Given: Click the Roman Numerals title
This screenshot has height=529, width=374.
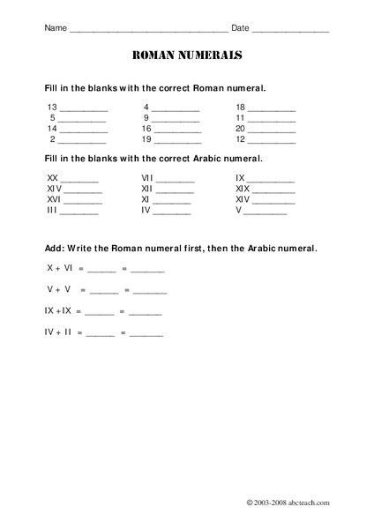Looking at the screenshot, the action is (187, 56).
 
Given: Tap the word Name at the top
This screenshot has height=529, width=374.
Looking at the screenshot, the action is (55, 28).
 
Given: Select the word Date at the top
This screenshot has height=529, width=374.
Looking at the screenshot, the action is (240, 28).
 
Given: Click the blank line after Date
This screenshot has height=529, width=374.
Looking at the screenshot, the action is (290, 31).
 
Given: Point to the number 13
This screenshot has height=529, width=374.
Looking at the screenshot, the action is (52, 106).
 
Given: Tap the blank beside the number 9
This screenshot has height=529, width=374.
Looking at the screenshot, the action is (176, 119).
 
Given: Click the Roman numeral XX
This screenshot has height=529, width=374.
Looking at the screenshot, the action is (52, 177).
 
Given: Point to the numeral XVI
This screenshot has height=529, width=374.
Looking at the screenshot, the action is (53, 199).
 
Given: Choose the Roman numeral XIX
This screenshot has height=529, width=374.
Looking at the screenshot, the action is (243, 189).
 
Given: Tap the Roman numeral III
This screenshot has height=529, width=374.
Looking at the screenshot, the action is (52, 211).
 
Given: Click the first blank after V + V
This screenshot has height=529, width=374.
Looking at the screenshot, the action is (104, 292).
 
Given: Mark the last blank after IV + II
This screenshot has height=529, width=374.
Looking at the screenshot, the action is (146, 336).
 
